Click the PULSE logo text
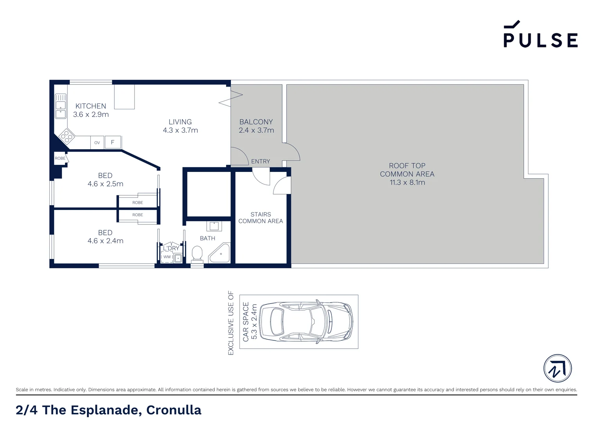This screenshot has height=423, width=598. click(x=540, y=40)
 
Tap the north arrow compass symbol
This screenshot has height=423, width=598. click(x=557, y=368)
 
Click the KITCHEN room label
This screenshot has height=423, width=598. click(x=91, y=106)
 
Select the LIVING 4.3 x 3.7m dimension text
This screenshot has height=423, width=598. click(x=180, y=130)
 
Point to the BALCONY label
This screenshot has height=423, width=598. click(x=256, y=122)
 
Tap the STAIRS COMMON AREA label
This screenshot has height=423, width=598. click(x=261, y=218)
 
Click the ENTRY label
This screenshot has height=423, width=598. click(x=261, y=161)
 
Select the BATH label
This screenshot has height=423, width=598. click(x=207, y=238)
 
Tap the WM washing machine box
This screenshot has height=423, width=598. click(x=167, y=257)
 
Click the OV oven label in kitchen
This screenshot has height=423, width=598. click(x=97, y=143)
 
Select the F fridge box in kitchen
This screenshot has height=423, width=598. click(x=113, y=142)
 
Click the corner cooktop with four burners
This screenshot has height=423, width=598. click(x=67, y=137)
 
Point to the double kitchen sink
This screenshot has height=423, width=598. click(x=61, y=106)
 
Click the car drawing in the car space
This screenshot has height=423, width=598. click(x=306, y=322)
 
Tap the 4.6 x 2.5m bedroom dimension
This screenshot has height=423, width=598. click(x=105, y=184)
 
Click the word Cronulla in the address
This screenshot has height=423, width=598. click(x=174, y=410)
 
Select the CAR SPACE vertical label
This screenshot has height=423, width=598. click(x=246, y=322)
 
